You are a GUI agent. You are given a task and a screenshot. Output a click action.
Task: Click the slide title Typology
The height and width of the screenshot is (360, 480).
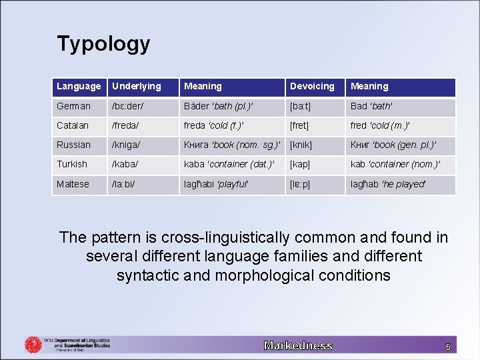(103, 44)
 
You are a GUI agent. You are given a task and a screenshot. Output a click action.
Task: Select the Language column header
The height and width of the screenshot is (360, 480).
(79, 86)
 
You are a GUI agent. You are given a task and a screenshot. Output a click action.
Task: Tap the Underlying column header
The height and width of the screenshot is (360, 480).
(137, 86)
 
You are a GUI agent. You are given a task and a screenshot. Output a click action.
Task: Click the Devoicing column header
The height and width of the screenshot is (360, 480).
(312, 86)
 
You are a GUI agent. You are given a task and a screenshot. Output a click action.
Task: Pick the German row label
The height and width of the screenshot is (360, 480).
(73, 106)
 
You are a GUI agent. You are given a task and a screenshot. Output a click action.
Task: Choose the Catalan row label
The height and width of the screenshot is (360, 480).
(73, 125)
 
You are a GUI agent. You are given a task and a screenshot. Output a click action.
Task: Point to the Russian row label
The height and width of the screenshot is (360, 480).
(73, 145)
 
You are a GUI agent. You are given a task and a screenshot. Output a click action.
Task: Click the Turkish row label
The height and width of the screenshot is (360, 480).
(72, 164)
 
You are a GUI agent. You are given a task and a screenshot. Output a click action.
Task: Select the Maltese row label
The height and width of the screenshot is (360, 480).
(73, 184)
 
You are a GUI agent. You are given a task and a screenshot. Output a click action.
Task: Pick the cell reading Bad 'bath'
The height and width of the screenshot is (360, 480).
(371, 106)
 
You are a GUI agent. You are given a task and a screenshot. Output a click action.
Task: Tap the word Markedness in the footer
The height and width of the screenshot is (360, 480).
(298, 345)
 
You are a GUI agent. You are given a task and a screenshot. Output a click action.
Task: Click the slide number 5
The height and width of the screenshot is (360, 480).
(448, 346)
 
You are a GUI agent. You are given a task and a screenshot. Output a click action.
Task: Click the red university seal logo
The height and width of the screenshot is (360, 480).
(33, 344)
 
